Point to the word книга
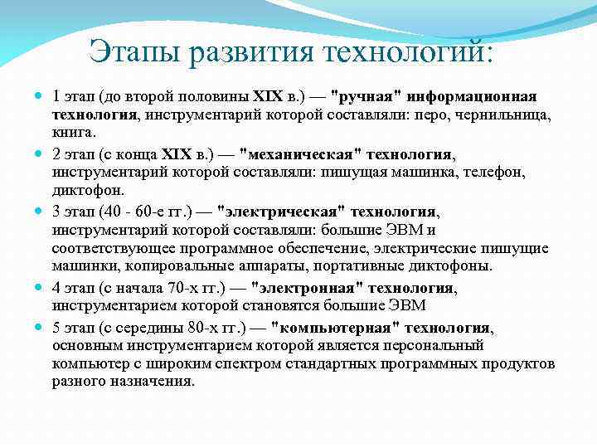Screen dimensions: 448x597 tap(74, 133)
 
